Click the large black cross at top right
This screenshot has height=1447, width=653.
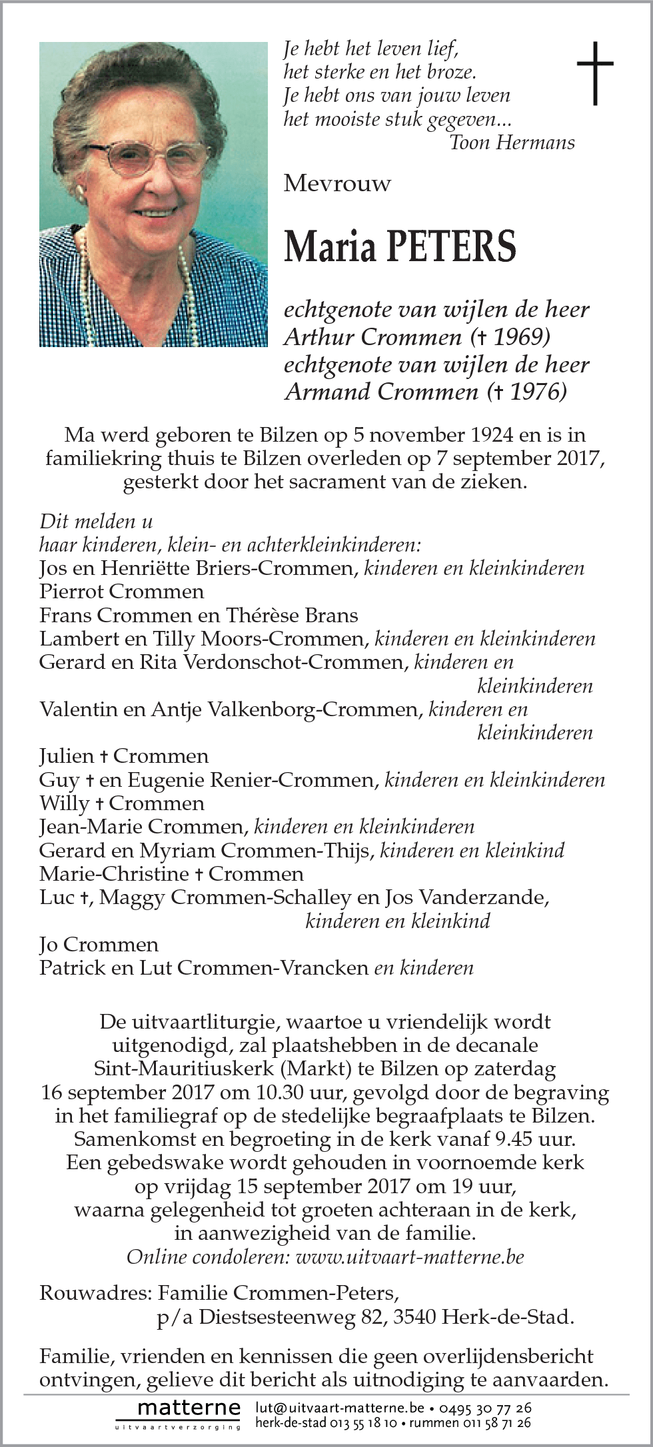pos(594,73)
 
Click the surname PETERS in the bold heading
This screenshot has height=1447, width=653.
pos(451,246)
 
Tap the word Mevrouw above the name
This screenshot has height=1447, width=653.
pos(337,183)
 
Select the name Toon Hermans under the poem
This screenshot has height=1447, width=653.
pos(512,143)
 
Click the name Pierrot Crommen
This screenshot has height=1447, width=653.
pos(122,592)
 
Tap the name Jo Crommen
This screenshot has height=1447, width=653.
pos(99,945)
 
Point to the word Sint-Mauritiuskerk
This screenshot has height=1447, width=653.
pos(184,1069)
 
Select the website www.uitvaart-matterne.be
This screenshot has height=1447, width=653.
pos(410,1257)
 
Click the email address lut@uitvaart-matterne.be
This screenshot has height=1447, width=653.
pos(339,1408)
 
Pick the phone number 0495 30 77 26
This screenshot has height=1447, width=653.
pos(484,1408)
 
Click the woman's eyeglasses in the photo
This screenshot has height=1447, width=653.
pos(148,157)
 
